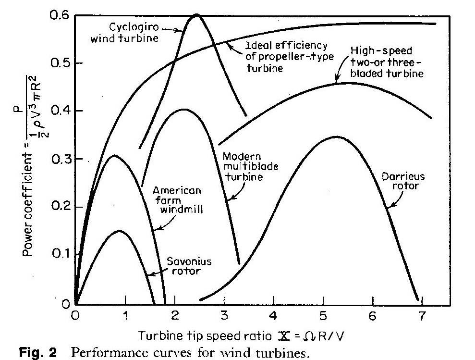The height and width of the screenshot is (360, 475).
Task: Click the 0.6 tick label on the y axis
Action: coord(61,16)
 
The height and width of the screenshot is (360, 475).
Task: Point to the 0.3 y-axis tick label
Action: coord(61,159)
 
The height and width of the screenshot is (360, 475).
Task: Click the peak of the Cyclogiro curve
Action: coord(196,15)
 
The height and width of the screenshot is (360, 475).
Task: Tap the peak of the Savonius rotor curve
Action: coord(119,231)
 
